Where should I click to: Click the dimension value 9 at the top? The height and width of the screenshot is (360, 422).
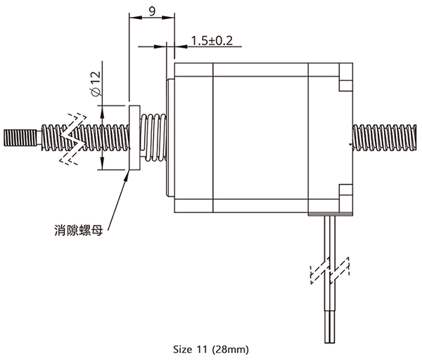(152, 11)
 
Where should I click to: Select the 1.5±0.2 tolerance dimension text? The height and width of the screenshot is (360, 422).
(212, 41)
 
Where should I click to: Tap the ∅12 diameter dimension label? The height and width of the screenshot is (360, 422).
(96, 84)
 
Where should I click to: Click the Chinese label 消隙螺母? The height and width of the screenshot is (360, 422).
(79, 231)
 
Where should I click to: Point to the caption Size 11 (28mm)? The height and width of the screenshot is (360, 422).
(211, 349)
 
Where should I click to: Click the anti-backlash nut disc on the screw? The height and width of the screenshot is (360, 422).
(134, 138)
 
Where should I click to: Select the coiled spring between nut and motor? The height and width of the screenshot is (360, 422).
(153, 138)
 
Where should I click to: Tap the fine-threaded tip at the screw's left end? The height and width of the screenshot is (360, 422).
(20, 138)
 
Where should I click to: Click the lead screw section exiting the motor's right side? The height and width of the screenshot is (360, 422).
(385, 138)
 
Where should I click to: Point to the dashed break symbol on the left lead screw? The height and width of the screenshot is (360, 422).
(73, 139)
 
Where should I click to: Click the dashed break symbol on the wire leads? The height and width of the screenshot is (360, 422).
(330, 271)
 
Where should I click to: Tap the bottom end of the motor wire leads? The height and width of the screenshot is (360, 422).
(330, 343)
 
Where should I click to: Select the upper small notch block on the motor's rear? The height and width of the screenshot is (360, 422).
(346, 85)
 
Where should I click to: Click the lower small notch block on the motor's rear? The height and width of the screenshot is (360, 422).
(346, 190)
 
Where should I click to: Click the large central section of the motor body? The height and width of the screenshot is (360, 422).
(260, 138)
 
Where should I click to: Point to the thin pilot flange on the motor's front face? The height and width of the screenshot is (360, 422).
(171, 138)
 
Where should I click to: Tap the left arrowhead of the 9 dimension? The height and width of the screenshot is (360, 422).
(135, 18)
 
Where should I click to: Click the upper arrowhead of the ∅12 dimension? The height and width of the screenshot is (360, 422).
(102, 112)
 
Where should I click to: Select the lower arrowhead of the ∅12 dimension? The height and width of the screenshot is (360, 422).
(102, 164)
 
